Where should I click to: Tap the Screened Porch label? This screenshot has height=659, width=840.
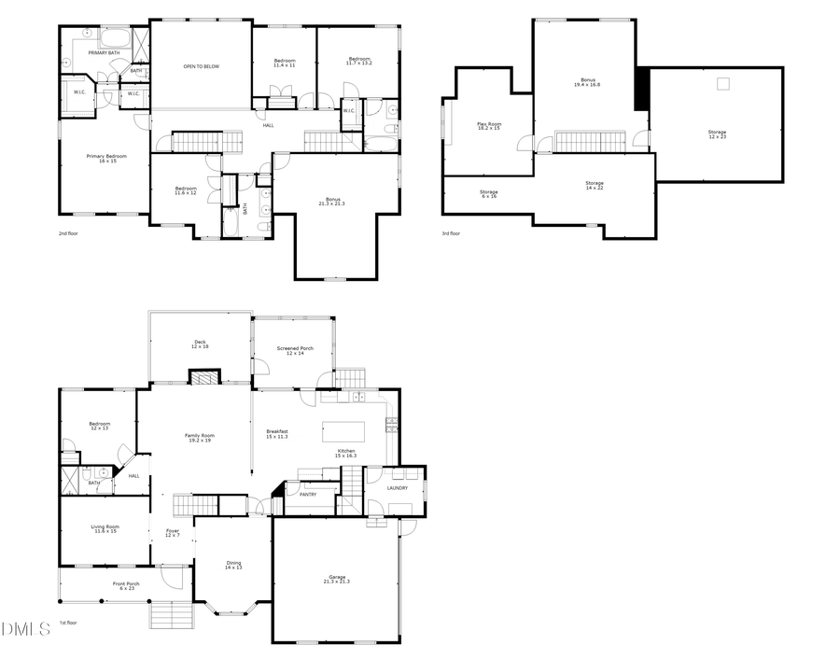pos(295,350)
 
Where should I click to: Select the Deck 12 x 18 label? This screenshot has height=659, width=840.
pos(200,344)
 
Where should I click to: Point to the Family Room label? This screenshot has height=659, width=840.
pos(200,438)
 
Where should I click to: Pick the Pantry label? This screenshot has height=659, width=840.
pos(308,495)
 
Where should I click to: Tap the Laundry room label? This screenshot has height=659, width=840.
pos(398,487)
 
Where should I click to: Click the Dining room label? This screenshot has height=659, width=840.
pos(233,565)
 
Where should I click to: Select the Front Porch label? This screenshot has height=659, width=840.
pos(126,586)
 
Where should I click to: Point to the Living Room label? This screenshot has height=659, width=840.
pos(105,528)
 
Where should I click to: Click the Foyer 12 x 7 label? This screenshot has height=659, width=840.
pos(173,533)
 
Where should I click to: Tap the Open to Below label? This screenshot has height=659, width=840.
pos(201,66)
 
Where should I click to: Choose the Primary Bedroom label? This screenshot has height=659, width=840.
pos(106,158)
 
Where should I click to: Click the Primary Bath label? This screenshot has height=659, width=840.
pos(104,53)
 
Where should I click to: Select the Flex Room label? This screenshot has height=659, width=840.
pos(489,126)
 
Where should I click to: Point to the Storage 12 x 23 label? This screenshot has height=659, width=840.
pos(717,133)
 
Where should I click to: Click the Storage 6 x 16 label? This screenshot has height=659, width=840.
pos(489,193)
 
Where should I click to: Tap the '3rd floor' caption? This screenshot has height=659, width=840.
pos(451,233)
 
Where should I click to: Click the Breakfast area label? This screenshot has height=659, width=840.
pos(276,433)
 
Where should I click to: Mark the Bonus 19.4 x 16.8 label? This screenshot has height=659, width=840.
pos(588,82)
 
